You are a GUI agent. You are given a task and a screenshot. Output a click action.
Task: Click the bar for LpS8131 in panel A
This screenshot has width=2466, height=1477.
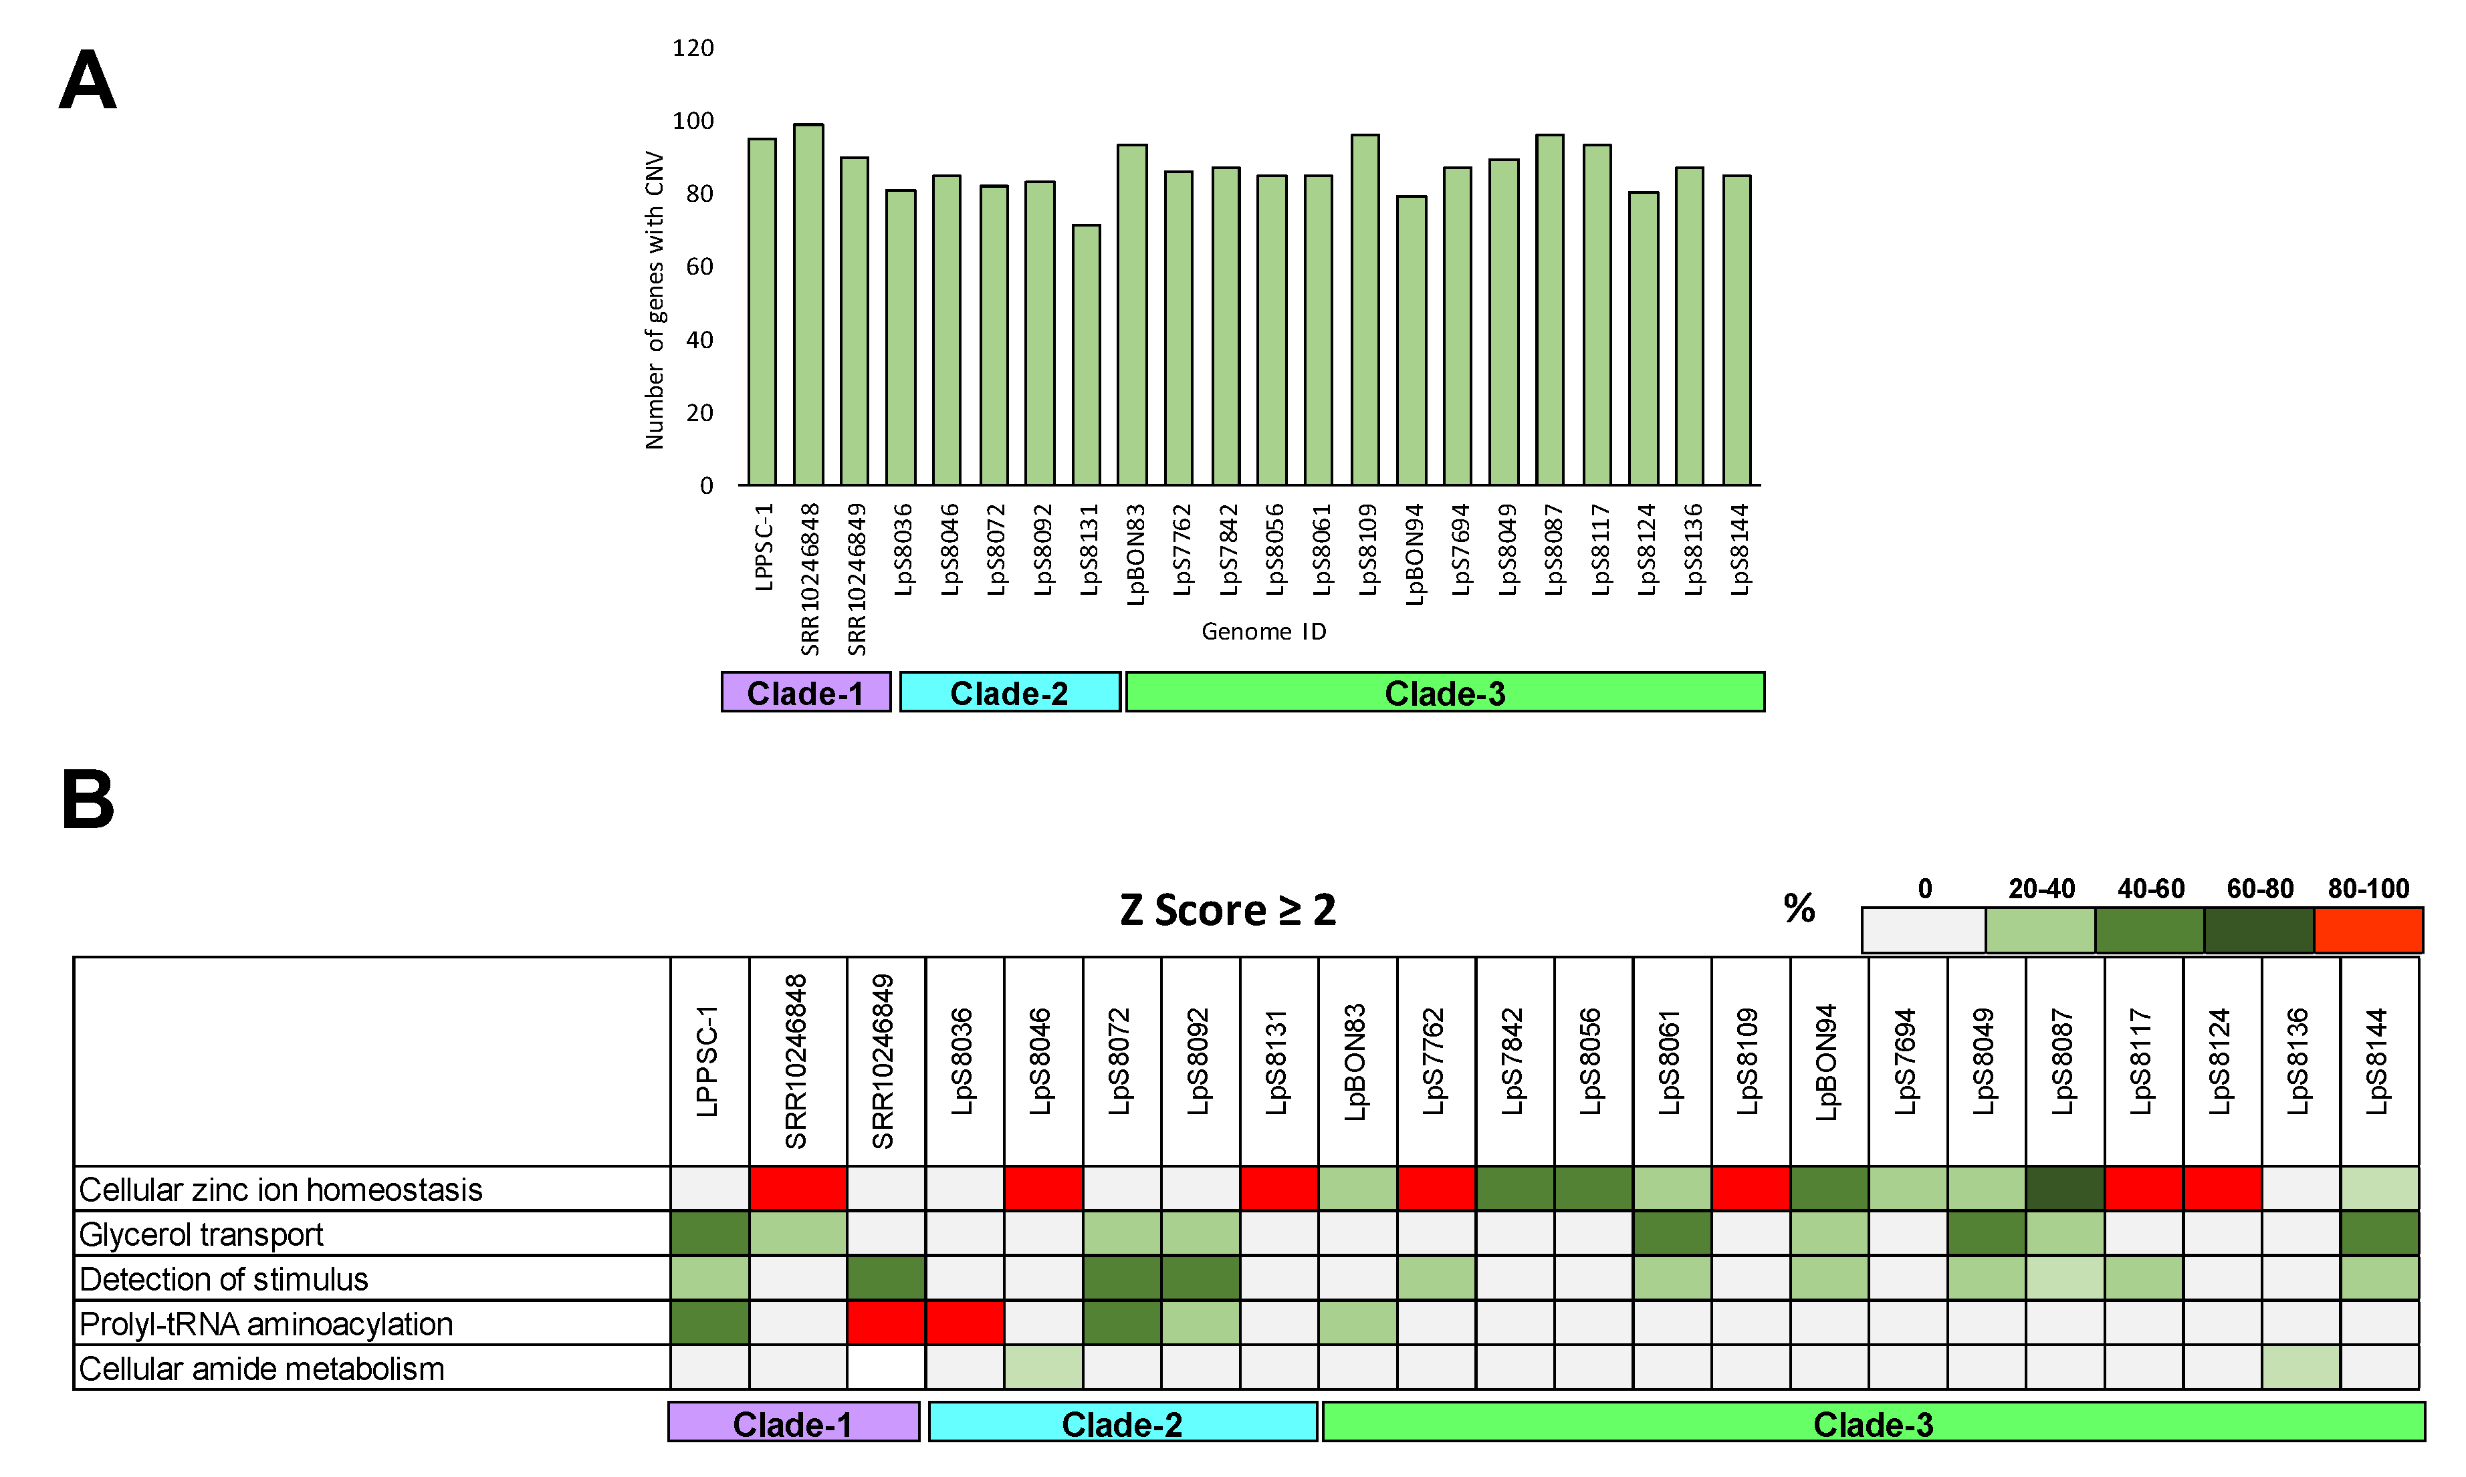coord(1086,356)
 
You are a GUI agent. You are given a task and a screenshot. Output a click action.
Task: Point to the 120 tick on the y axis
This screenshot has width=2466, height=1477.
coord(693,47)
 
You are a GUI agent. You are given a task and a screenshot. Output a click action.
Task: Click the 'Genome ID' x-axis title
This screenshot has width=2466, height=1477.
coord(1263,631)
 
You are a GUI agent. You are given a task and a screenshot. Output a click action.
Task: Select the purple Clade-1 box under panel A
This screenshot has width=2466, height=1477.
coord(806,692)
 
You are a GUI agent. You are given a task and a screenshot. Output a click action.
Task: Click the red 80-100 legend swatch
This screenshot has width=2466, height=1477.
coord(2368,930)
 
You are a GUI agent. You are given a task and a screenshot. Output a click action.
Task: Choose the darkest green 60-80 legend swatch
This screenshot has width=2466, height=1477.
coord(2258,930)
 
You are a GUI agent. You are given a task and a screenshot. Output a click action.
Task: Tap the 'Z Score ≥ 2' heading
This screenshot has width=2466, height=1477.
coord(1228,910)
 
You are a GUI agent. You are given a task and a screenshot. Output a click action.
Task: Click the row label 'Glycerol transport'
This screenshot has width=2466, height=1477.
coord(201,1234)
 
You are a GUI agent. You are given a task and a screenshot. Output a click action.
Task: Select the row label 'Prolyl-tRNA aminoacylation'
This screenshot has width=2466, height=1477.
coord(266,1324)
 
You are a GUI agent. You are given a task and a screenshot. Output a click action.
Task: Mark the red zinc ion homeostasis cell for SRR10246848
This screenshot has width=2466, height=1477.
coord(798,1188)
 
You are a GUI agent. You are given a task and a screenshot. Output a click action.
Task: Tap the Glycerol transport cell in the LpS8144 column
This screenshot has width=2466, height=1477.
coord(2379,1233)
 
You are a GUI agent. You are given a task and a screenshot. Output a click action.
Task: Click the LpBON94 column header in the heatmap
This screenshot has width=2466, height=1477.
coord(1827,1062)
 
